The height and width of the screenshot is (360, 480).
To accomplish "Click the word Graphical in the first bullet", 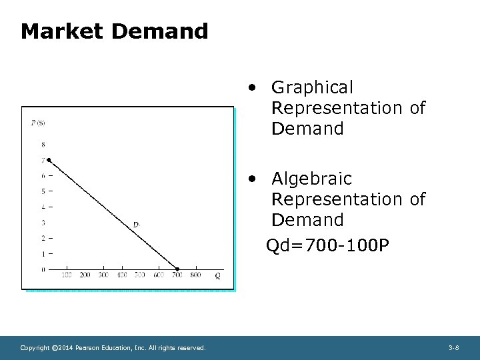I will click(312, 87).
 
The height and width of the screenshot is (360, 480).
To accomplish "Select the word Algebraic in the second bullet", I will click(311, 179).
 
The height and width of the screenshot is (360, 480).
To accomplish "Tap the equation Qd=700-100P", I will click(327, 247).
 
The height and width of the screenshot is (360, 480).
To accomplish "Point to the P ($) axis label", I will click(38, 122).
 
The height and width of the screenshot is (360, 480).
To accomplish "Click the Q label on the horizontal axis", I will click(217, 275).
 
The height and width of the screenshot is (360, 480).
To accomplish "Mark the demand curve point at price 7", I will click(48, 160).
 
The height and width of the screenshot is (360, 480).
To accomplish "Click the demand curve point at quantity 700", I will click(177, 269).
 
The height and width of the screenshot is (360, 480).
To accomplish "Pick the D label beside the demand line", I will click(136, 225).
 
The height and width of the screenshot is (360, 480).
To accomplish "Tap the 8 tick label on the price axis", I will click(43, 145).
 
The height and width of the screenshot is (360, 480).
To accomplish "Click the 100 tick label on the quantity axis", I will click(67, 275).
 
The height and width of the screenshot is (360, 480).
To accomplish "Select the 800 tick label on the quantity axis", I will click(195, 275).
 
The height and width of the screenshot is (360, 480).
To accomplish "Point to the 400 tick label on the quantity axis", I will click(122, 275).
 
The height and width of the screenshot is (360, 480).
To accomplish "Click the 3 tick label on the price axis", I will click(43, 223).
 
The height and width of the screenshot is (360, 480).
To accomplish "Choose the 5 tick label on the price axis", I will click(43, 191).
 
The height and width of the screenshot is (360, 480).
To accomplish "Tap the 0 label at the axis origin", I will click(43, 269).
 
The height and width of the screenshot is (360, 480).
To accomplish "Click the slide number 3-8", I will click(453, 348).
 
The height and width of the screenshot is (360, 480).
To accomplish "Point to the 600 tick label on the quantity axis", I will click(159, 275).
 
